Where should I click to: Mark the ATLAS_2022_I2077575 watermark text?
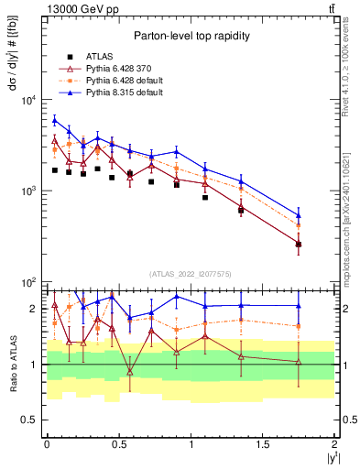(x=191, y=274)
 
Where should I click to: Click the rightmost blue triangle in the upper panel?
(x=299, y=216)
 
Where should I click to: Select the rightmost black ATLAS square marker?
(x=299, y=245)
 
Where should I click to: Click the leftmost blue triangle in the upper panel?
(x=55, y=119)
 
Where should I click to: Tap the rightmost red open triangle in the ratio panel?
(x=299, y=362)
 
